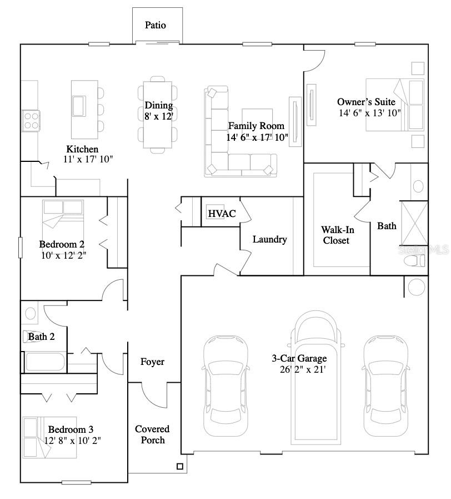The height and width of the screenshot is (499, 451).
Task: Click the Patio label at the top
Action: [156, 25]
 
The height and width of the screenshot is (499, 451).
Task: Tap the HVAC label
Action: [222, 214]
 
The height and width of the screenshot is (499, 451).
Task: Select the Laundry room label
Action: [269, 240]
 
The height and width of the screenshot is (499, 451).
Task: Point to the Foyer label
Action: [152, 362]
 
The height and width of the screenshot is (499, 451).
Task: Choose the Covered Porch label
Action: [152, 434]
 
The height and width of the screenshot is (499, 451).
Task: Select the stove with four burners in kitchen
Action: [30, 120]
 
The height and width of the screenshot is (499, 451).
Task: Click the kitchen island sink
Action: [79, 105]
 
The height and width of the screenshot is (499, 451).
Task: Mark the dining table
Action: [158, 116]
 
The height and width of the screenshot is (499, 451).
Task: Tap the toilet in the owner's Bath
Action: [415, 261]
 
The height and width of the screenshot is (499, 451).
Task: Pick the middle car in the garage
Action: [315, 378]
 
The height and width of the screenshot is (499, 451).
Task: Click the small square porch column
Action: [179, 466]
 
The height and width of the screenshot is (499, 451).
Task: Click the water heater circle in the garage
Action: [415, 286]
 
